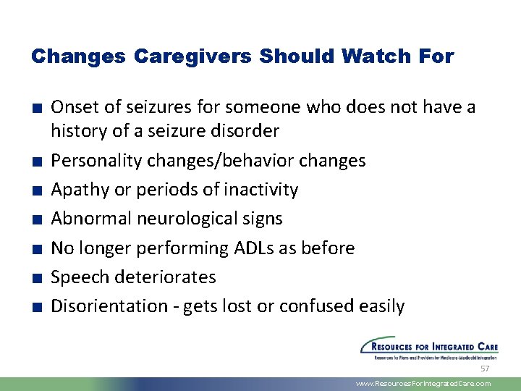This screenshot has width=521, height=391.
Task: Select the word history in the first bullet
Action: click(76, 131)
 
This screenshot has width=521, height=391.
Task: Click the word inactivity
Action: click(261, 190)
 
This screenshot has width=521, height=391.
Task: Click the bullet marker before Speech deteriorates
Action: click(35, 278)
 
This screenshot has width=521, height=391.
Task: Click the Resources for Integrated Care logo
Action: click(429, 348)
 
